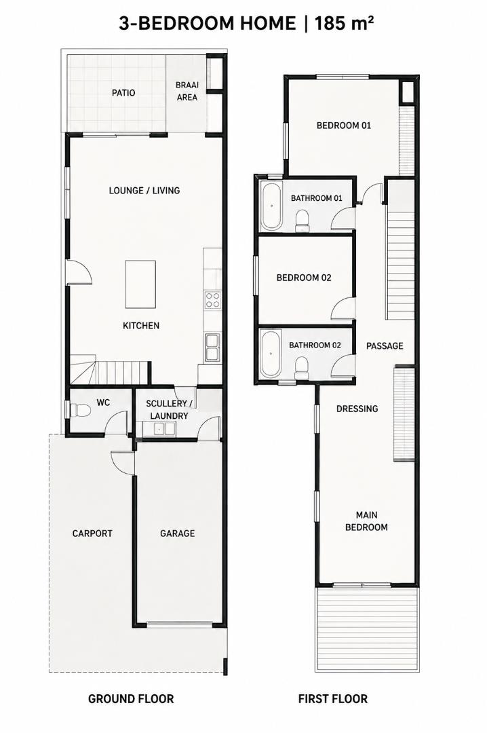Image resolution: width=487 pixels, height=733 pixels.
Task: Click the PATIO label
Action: [123, 92]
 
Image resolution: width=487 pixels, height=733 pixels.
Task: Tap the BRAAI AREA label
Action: [187, 91]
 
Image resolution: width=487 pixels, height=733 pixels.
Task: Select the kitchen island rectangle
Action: [140, 284]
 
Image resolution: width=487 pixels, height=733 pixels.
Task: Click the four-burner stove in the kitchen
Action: [213, 300]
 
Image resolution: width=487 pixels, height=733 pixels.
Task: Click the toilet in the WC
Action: [79, 411]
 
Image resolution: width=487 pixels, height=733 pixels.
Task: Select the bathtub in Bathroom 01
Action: [271, 206]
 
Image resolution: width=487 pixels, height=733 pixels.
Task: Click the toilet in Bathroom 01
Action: [303, 220]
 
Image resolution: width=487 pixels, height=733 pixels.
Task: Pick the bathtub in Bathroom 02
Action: [271, 354]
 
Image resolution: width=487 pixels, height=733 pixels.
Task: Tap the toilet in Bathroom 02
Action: [303, 368]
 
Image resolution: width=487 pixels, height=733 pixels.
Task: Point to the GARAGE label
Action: [177, 533]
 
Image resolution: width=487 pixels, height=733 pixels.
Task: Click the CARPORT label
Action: [92, 533]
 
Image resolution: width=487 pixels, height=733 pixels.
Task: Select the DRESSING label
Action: [357, 409]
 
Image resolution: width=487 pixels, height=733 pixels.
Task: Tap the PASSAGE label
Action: [385, 346]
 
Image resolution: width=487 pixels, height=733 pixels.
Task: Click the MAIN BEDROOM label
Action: [366, 521]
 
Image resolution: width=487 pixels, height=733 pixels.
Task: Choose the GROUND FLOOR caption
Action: [131, 699]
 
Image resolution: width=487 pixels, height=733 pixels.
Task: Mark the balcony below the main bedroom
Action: [368, 629]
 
